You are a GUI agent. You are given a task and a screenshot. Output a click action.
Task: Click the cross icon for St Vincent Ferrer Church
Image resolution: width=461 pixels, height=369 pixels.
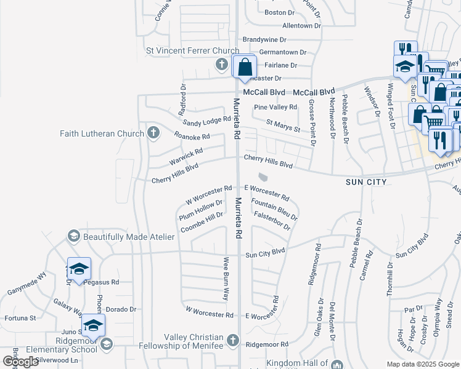pyautogui.click(x=222, y=64)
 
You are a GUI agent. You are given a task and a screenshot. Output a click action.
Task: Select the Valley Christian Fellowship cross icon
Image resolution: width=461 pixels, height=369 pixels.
pyautogui.click(x=232, y=339)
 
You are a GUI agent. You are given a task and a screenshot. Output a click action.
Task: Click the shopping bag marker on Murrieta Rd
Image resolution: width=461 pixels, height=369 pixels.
pyautogui.click(x=245, y=67)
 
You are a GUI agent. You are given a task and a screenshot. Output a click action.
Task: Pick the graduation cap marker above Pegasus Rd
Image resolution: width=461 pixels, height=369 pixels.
pyautogui.click(x=79, y=269)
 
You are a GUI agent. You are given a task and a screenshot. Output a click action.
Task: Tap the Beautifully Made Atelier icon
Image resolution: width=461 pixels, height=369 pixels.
pyautogui.click(x=73, y=236)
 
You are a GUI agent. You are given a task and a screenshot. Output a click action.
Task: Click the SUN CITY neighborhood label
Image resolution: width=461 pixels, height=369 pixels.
pyautogui.click(x=366, y=182)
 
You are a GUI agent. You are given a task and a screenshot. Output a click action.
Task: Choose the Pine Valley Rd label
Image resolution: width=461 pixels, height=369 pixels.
pyautogui.click(x=275, y=107)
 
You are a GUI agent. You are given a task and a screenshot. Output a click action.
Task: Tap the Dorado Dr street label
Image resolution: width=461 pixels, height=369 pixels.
pyautogui.click(x=120, y=309)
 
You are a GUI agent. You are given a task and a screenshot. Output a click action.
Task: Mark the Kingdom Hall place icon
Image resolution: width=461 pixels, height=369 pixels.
pyautogui.click(x=337, y=364)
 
